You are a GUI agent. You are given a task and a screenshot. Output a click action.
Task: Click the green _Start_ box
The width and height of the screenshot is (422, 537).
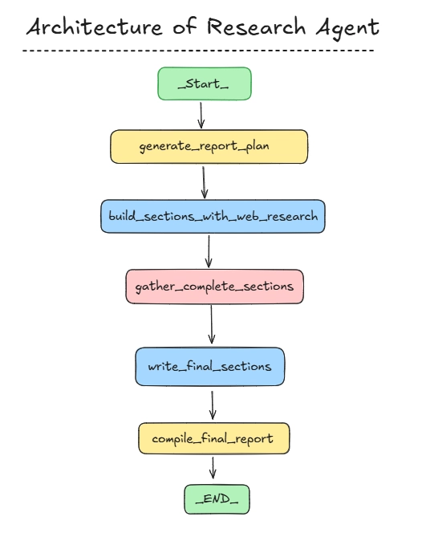pyautogui.click(x=205, y=83)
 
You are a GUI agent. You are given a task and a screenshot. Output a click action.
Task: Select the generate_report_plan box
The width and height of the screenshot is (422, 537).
pyautogui.click(x=209, y=147)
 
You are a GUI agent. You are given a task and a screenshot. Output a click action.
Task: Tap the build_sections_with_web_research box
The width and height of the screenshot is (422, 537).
pyautogui.click(x=213, y=217)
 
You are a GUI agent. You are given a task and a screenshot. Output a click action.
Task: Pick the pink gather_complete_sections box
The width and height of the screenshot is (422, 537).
pyautogui.click(x=214, y=287)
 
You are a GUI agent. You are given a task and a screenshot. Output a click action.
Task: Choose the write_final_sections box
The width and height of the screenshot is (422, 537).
pyautogui.click(x=210, y=367)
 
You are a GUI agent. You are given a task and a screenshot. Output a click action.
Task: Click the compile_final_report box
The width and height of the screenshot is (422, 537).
pyautogui.click(x=214, y=438)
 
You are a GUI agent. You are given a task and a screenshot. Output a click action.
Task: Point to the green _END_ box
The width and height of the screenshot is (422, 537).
pyautogui.click(x=217, y=499)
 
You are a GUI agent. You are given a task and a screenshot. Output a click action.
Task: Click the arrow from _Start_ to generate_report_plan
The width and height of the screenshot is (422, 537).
pyautogui.click(x=201, y=116)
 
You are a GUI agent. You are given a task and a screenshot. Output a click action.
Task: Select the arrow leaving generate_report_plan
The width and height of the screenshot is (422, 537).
pyautogui.click(x=204, y=182)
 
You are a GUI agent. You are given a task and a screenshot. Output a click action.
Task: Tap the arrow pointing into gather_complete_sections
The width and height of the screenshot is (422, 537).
pyautogui.click(x=209, y=252)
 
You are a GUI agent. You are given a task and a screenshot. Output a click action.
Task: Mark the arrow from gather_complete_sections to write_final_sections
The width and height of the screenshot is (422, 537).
pyautogui.click(x=211, y=324)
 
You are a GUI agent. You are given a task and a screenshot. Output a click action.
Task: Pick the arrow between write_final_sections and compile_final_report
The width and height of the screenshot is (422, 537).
pyautogui.click(x=212, y=405)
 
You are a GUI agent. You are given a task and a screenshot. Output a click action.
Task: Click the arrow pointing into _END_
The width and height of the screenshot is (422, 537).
pyautogui.click(x=213, y=468)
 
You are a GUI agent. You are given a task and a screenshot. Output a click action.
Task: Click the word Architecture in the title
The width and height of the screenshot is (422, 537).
pyautogui.click(x=95, y=26)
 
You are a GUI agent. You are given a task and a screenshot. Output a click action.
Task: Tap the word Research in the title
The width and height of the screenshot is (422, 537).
pyautogui.click(x=256, y=26)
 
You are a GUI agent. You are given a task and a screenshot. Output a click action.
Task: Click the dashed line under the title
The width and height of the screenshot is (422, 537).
pyautogui.click(x=198, y=51)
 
